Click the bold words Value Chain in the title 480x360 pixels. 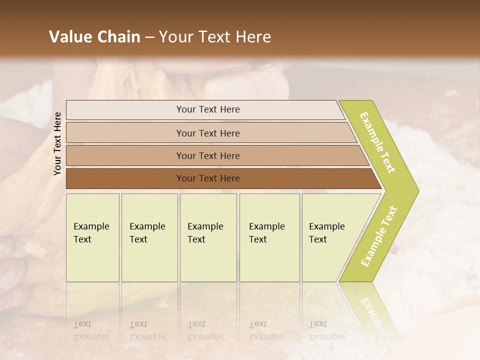(x=94, y=37)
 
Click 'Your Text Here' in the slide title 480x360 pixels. (x=215, y=37)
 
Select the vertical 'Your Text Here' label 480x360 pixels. (x=57, y=143)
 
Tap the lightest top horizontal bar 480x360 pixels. (x=207, y=109)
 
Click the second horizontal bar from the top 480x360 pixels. (x=207, y=133)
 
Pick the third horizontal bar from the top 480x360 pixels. (x=207, y=155)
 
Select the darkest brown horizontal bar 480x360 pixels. (x=207, y=178)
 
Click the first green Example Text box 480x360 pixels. (x=92, y=237)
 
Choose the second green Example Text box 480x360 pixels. (x=149, y=237)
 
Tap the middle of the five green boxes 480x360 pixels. (x=208, y=237)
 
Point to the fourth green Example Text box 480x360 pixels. (x=269, y=237)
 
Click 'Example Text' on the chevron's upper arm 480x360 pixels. (x=377, y=143)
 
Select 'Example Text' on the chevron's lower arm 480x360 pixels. (x=379, y=236)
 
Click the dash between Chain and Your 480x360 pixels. (x=149, y=37)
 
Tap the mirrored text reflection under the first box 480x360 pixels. (x=91, y=330)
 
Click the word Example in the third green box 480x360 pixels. (x=205, y=226)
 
